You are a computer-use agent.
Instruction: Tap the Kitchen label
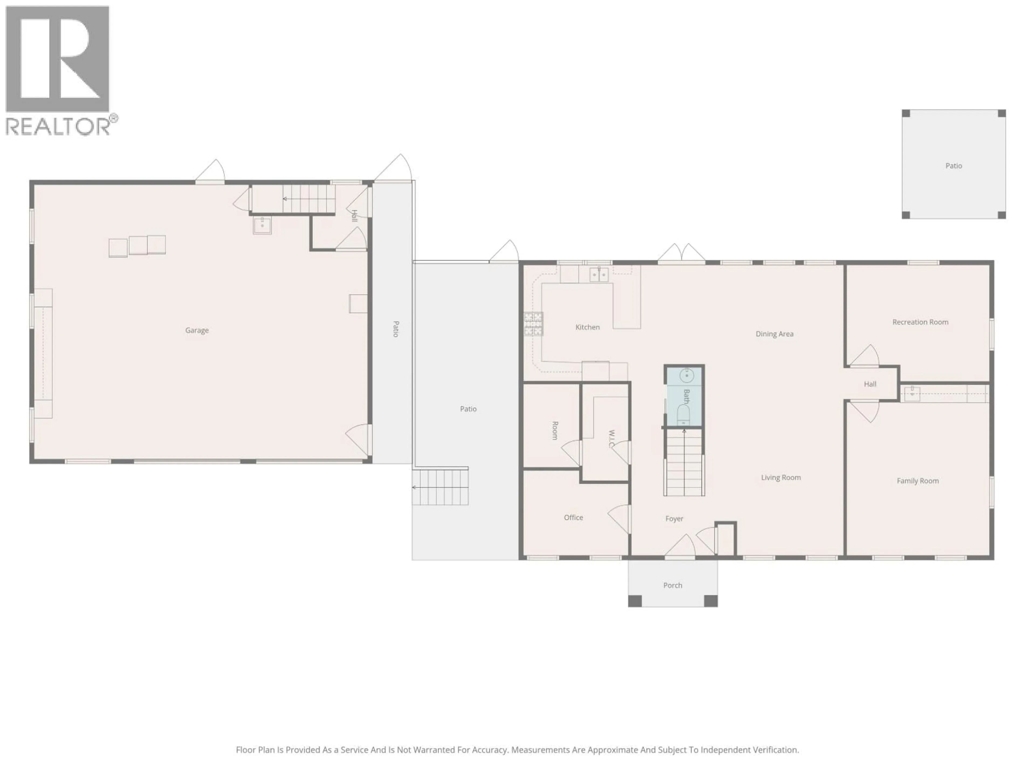(587, 327)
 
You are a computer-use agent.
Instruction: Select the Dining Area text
(774, 334)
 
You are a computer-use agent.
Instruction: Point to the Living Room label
(781, 477)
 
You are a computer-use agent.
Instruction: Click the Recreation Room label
(920, 322)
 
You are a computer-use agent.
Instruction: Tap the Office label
(573, 517)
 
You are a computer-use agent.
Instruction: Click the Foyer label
(674, 518)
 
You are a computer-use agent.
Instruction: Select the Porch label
(672, 585)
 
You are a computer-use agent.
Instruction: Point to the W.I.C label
(611, 439)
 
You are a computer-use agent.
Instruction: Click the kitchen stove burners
(533, 324)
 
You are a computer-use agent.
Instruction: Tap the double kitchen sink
(598, 275)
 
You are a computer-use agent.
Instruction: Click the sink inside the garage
(262, 225)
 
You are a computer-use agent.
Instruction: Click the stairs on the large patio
(440, 487)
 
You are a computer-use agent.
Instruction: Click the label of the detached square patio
(953, 166)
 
